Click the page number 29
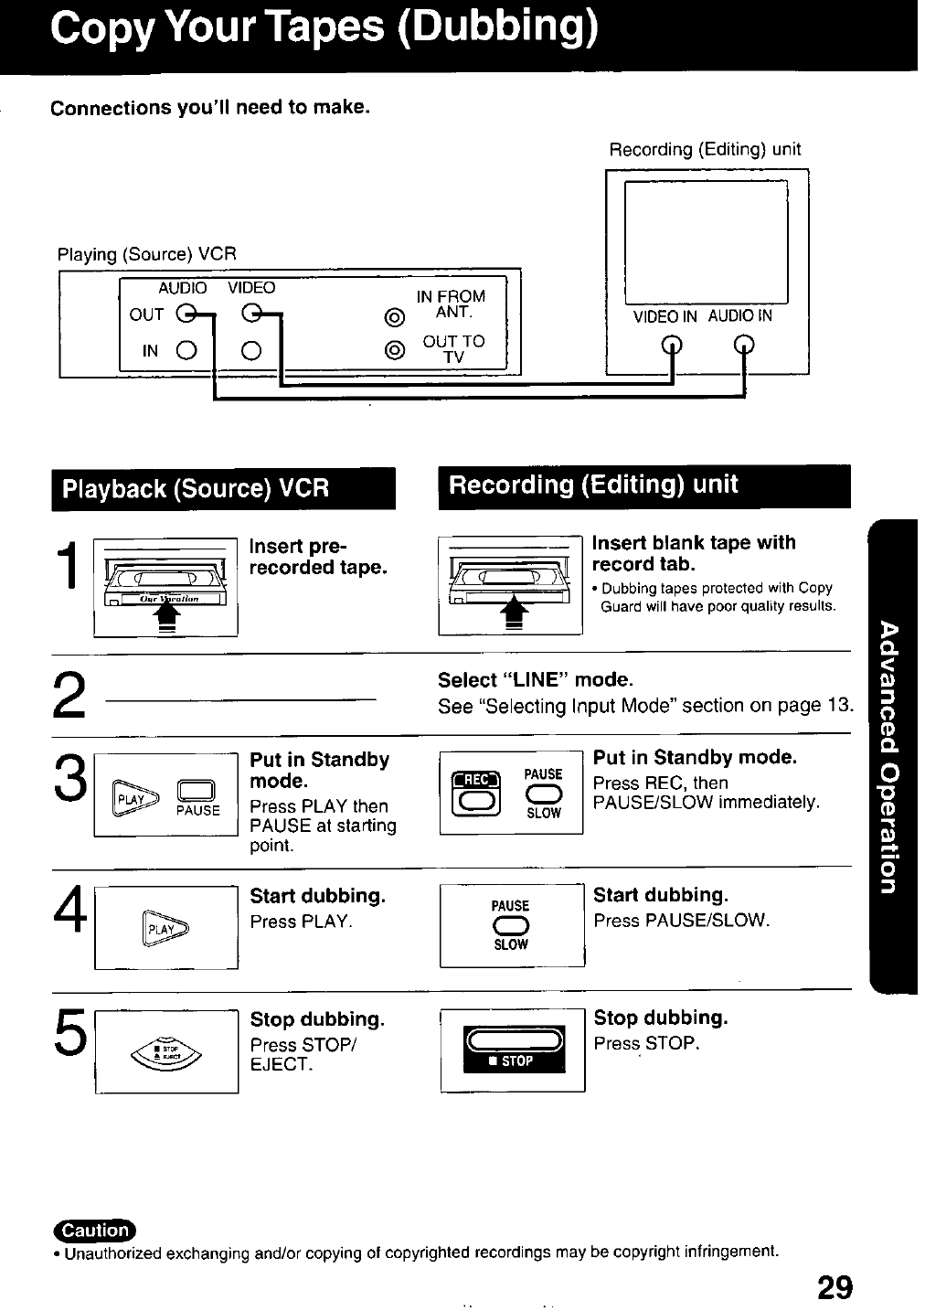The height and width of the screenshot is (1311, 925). coord(835,1287)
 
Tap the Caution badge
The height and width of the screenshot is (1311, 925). coord(94,1230)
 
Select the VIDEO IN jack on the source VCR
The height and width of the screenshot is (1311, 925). coord(252,350)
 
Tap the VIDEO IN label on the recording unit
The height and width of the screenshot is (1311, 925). coord(665,316)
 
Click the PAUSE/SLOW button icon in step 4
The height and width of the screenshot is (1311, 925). coord(511,924)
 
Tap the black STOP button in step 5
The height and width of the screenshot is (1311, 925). coord(514,1050)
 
